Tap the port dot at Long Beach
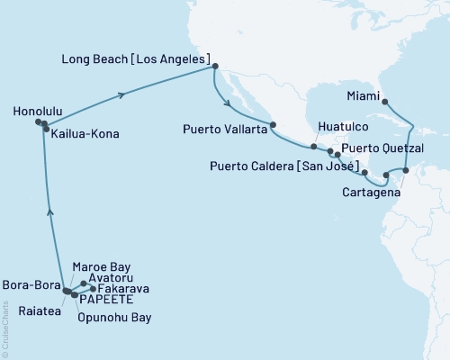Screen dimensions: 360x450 (214, 66)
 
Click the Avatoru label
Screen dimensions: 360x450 (110, 278)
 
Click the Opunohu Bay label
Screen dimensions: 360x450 (114, 318)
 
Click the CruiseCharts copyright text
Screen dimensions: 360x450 (7, 325)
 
